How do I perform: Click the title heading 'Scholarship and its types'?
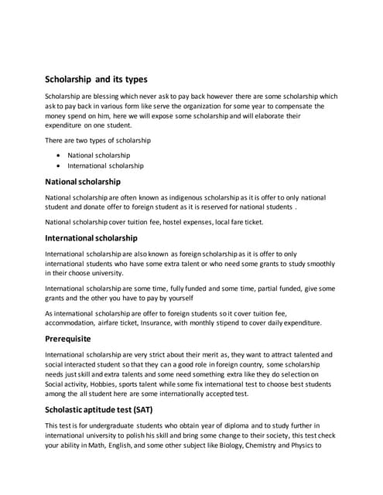96,79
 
